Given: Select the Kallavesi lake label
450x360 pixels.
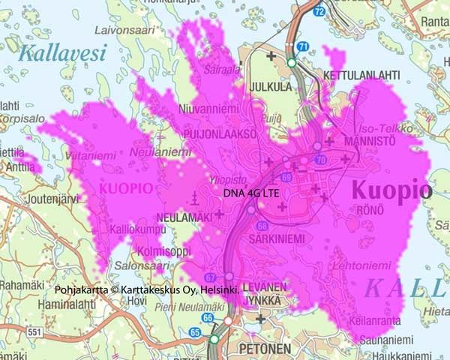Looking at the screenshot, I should tap(63, 53).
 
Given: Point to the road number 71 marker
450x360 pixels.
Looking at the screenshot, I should tap(303, 46).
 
